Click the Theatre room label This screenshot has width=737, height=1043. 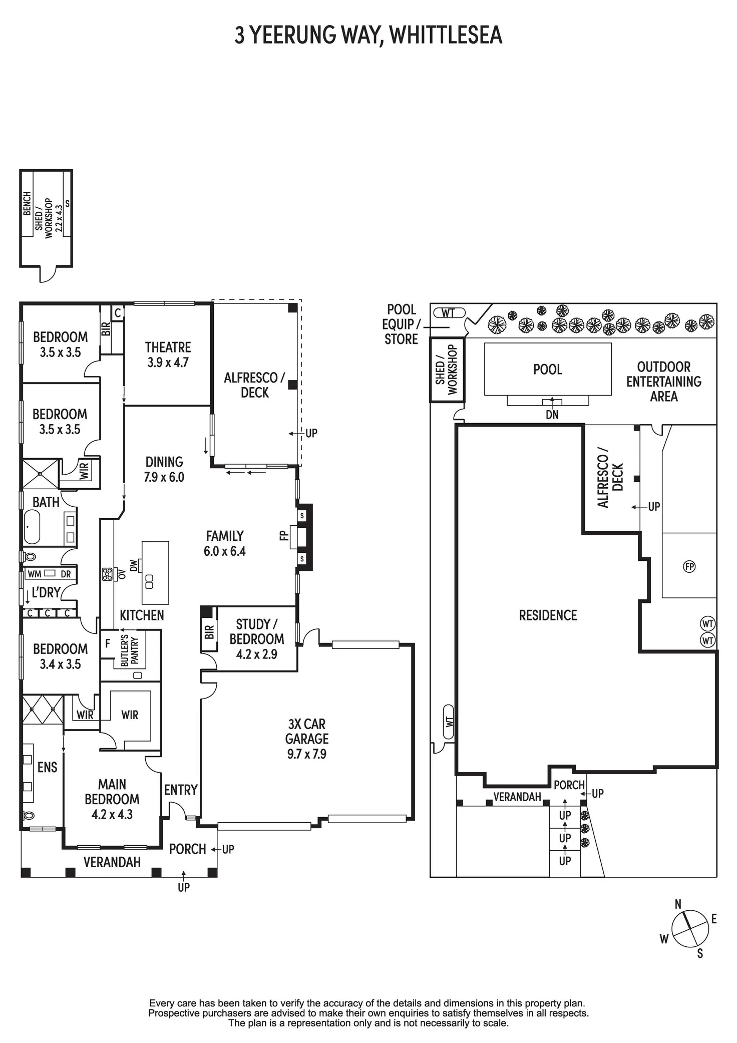[168, 347]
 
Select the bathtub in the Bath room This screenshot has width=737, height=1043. [32, 527]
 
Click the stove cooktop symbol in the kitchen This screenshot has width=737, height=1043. [107, 574]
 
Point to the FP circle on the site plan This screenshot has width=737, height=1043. [689, 566]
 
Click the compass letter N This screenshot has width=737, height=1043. [678, 904]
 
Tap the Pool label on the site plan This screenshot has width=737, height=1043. [547, 370]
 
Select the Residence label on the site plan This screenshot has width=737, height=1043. [548, 615]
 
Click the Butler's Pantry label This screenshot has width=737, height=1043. [129, 650]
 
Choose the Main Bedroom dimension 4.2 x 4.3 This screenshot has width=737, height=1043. [112, 814]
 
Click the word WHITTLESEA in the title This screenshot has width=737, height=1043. [445, 35]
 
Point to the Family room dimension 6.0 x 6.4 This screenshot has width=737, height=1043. [224, 551]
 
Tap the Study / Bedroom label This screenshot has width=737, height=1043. [257, 632]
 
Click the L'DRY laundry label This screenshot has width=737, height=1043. [46, 593]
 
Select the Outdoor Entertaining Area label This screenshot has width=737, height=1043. [663, 382]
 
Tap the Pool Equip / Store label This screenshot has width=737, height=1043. [401, 324]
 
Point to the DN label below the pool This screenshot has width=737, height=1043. [552, 415]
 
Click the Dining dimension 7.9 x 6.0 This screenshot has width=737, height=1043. [164, 477]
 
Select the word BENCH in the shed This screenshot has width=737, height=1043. [27, 203]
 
